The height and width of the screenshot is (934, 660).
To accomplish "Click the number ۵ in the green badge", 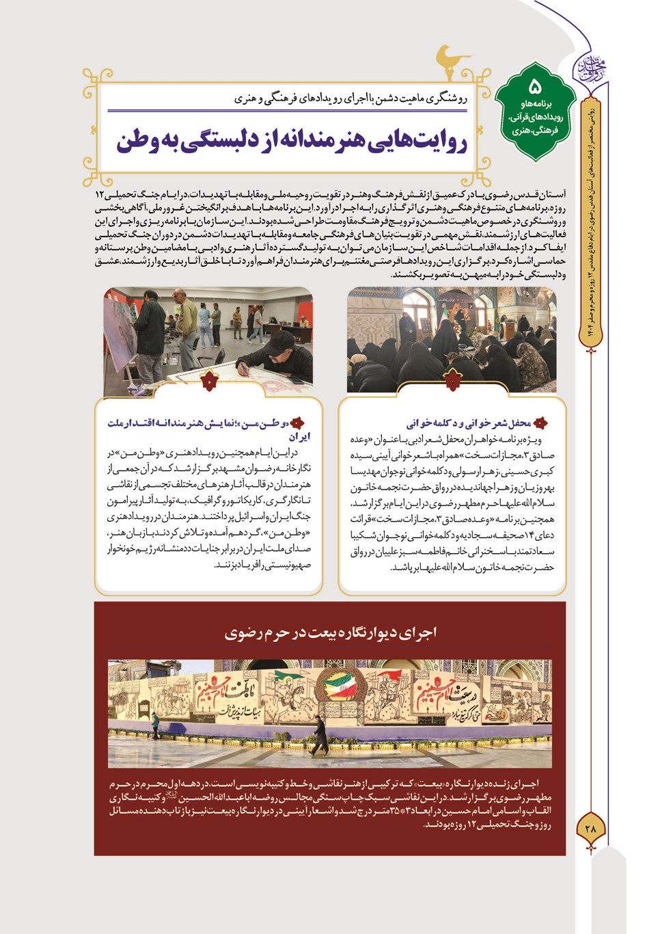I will [535, 87].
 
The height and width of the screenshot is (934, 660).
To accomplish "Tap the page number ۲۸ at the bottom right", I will [591, 827].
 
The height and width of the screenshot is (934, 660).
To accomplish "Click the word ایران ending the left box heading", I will [299, 437].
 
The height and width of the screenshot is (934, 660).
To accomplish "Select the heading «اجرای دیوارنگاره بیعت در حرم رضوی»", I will [330, 633].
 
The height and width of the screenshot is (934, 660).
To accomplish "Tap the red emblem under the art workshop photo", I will [209, 382].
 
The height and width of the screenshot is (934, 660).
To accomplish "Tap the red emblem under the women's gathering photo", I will [452, 382].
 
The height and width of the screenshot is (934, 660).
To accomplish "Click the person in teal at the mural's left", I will [155, 723].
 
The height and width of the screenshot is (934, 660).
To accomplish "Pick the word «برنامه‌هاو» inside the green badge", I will [535, 105].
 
